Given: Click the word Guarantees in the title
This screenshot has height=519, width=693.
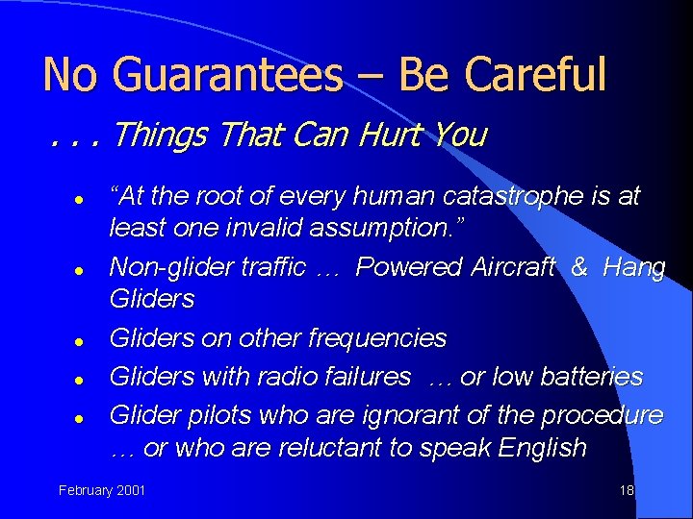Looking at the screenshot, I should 226,74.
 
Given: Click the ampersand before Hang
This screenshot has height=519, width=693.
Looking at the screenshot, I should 578,267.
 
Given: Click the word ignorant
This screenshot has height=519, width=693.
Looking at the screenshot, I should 413,414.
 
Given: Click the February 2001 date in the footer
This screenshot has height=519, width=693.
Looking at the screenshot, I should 102,490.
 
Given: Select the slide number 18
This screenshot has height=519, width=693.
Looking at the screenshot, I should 627,490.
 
